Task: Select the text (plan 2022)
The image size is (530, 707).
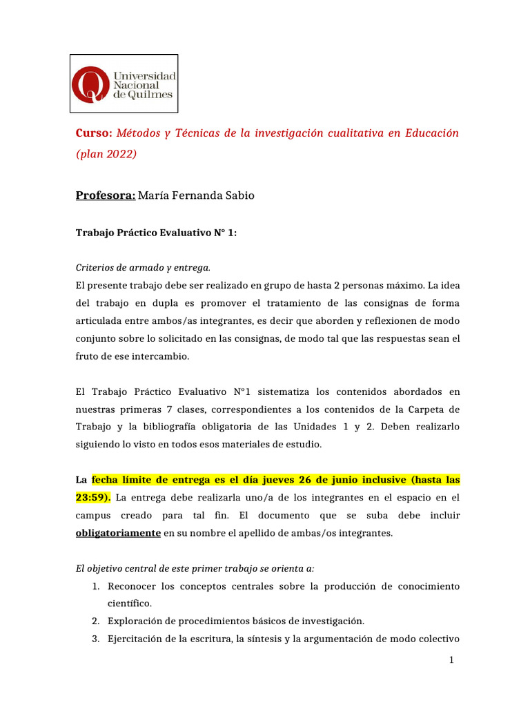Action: [106, 154]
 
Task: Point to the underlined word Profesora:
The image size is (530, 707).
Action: [105, 195]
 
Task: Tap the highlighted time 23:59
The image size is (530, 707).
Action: [90, 497]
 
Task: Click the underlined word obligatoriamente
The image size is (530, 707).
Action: [118, 533]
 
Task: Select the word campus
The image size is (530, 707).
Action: [93, 516]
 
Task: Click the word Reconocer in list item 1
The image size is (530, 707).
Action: [131, 586]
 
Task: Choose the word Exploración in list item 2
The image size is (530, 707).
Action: [135, 621]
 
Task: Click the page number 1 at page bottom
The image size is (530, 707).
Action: [451, 661]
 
